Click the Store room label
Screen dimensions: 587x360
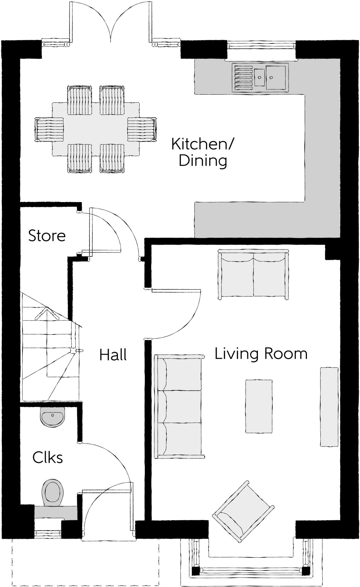pyautogui.click(x=47, y=236)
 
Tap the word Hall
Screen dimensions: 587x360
pyautogui.click(x=113, y=355)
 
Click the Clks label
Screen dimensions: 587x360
pyautogui.click(x=48, y=457)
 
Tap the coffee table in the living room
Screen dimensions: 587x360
pyautogui.click(x=258, y=406)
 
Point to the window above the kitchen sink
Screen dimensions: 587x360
pyautogui.click(x=261, y=45)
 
